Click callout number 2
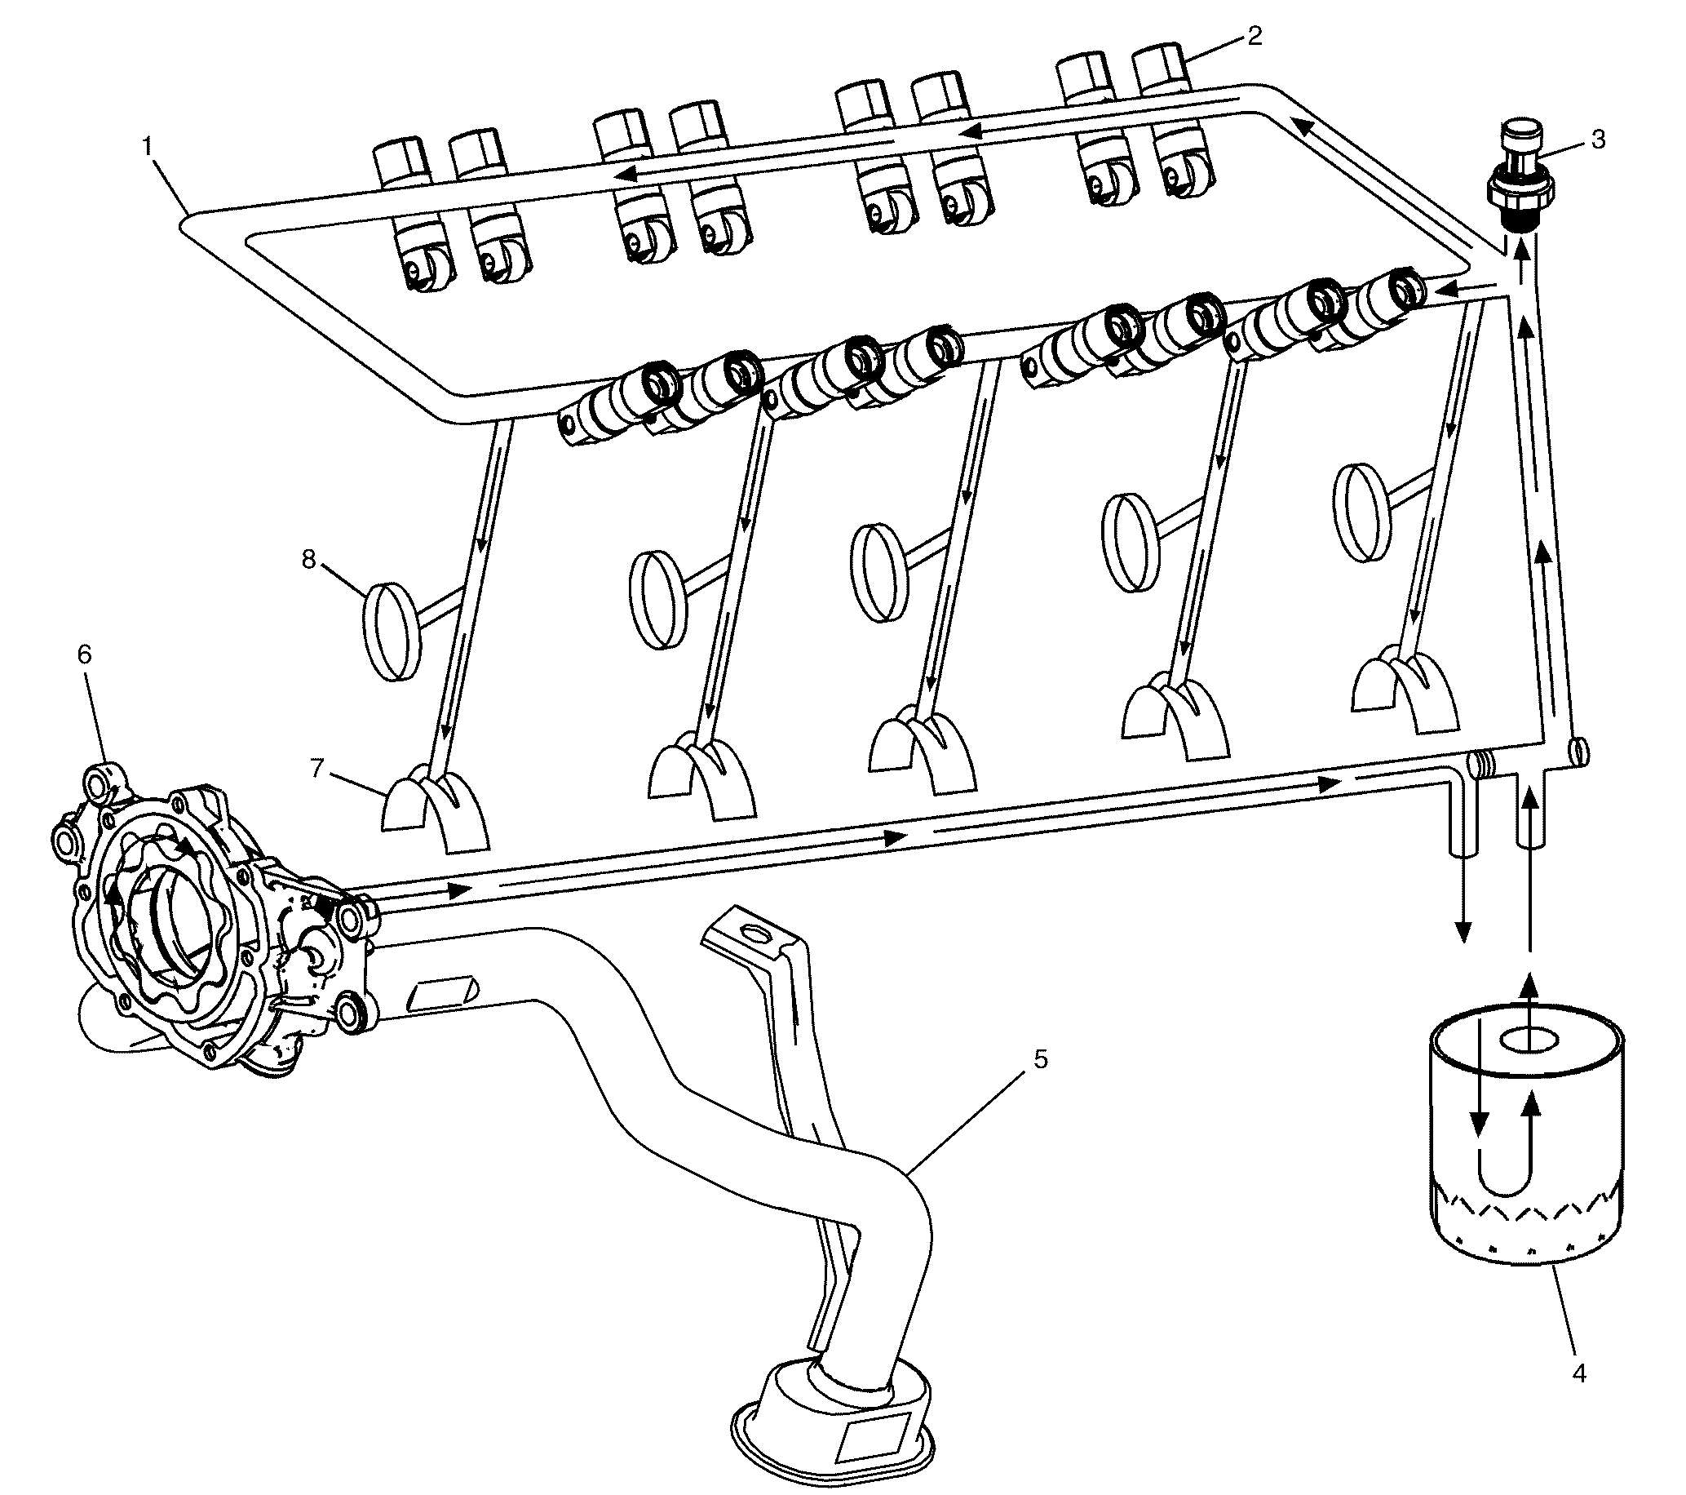coord(1254,37)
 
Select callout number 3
coord(1598,140)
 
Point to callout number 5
coord(1040,1058)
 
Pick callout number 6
coord(84,654)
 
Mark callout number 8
coord(308,559)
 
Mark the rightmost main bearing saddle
coord(1405,694)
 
